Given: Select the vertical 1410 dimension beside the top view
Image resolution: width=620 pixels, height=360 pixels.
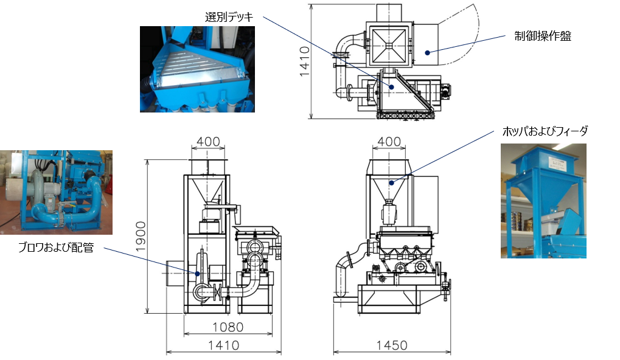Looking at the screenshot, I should coord(305,61).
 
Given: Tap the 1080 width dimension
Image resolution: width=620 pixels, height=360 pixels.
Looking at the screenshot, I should coord(228,327).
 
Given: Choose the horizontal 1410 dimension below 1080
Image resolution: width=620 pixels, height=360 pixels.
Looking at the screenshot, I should coord(223,345).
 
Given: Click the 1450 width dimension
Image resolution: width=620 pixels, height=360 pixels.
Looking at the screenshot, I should coord(392,345).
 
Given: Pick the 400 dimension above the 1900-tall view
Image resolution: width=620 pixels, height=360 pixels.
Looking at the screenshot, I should coord(208,142).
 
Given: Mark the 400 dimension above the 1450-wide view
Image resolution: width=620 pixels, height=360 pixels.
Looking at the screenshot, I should coord(389,142).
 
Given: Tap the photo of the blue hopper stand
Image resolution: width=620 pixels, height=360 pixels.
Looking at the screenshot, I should coord(543,201).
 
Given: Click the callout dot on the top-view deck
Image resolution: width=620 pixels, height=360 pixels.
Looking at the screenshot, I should coord(392,87).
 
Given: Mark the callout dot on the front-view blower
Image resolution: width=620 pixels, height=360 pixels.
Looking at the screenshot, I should coord(198,274).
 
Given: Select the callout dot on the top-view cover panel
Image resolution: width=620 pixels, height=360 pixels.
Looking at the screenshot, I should coord(428,52).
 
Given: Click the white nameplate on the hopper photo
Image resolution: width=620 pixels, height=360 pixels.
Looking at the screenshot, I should coord(559,162).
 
